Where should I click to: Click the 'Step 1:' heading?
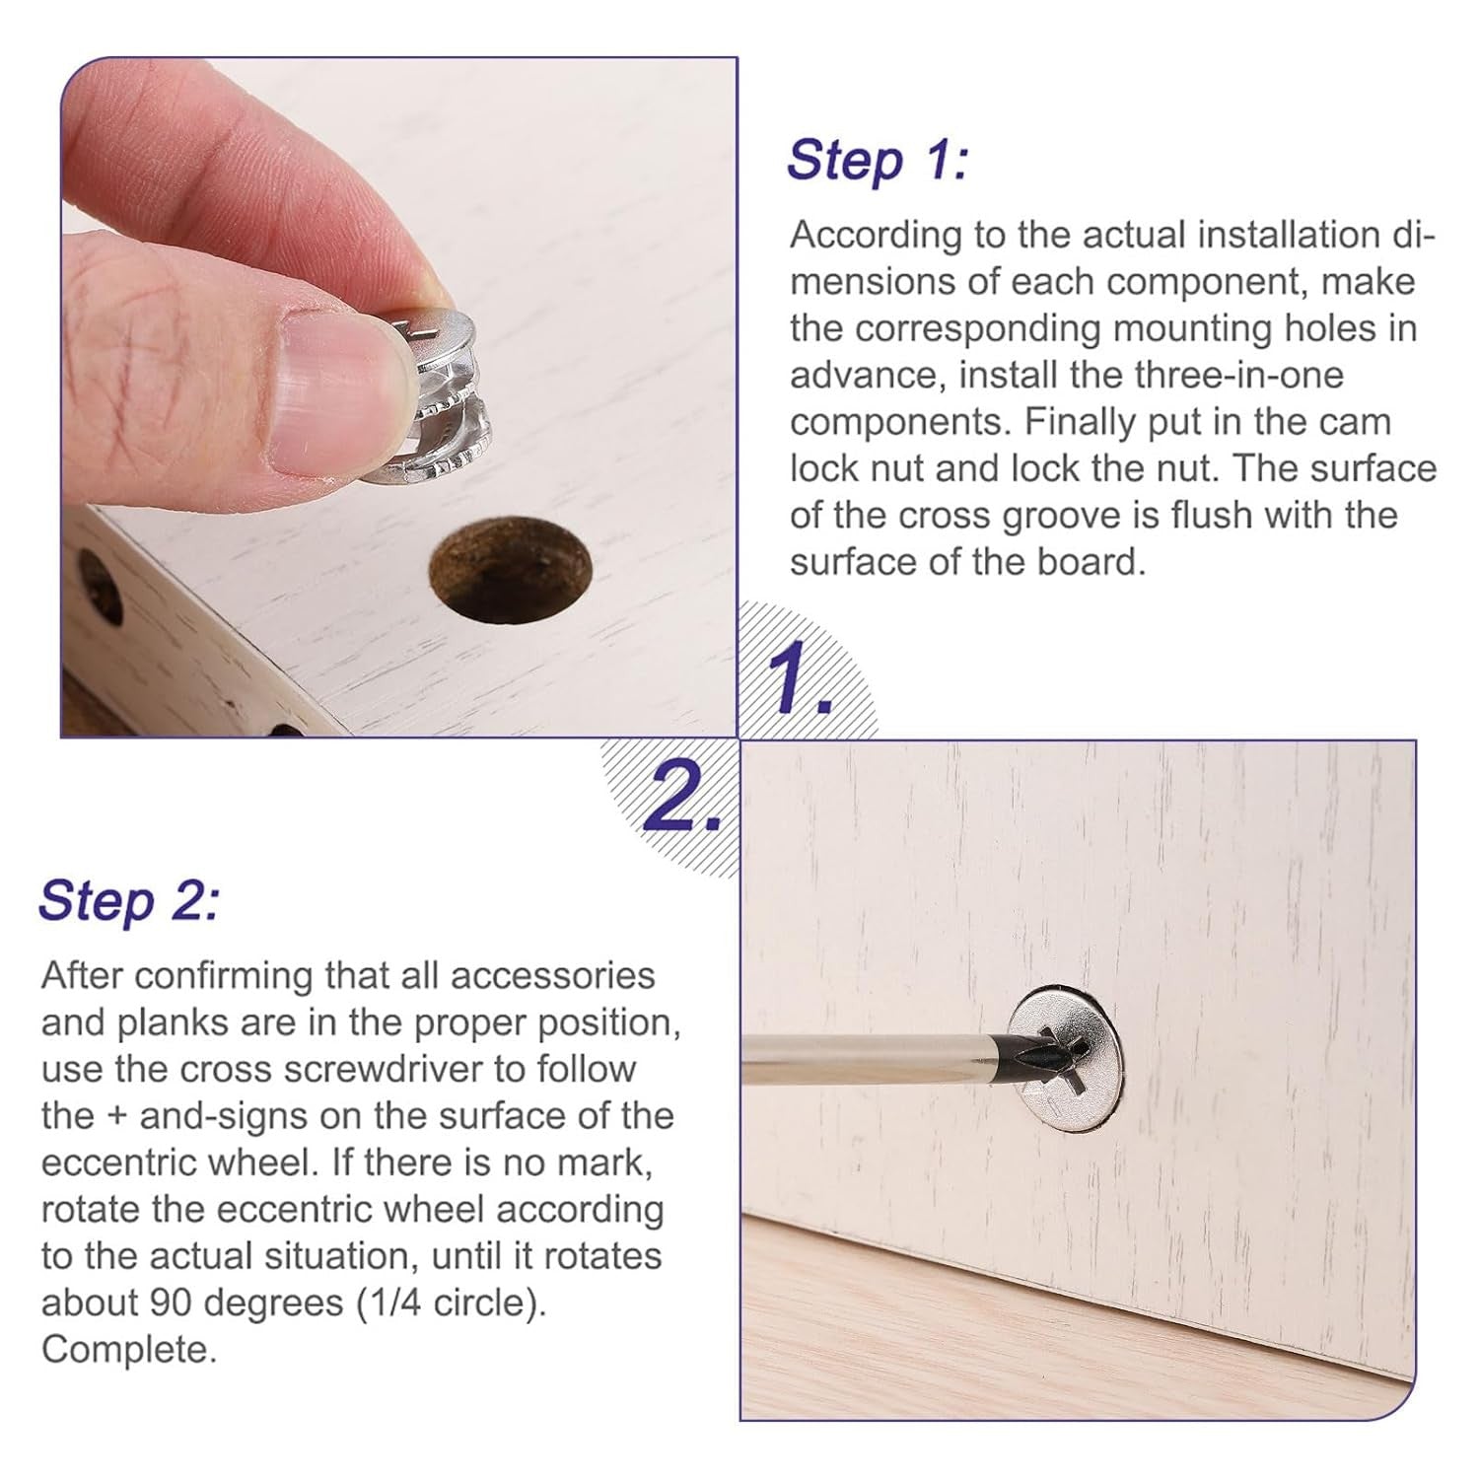click(x=878, y=160)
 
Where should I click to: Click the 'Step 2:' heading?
click(x=129, y=900)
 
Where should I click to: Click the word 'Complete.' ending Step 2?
click(x=128, y=1350)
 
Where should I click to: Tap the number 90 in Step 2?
click(x=170, y=1303)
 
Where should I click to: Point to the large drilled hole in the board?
click(x=510, y=571)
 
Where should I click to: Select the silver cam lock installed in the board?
click(x=1065, y=1058)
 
